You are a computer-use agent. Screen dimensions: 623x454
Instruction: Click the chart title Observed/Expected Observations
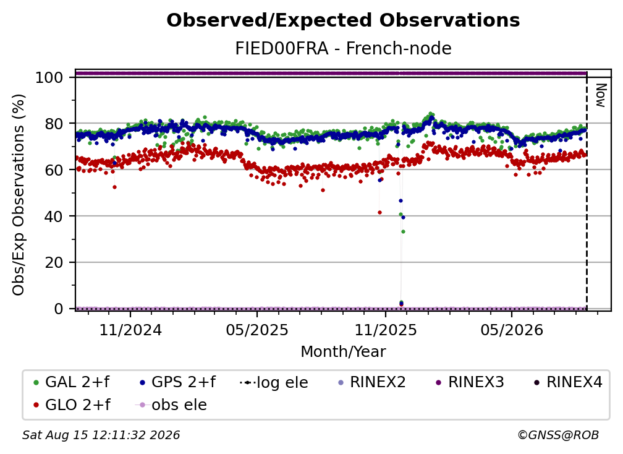point(343,20)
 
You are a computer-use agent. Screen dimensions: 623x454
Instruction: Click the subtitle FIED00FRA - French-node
point(343,48)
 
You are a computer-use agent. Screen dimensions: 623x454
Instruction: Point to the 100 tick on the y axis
point(49,77)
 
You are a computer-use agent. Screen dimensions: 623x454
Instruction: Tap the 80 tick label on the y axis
point(54,124)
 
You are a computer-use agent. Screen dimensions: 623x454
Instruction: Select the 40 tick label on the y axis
point(54,216)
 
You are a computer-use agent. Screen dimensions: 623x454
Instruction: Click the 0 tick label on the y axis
point(59,309)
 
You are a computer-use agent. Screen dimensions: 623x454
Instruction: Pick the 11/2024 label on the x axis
point(130,330)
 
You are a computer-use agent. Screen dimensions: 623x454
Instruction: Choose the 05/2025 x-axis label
point(257,330)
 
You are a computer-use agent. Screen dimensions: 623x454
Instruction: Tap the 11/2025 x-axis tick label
point(386,330)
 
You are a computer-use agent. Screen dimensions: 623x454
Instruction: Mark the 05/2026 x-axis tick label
point(512,330)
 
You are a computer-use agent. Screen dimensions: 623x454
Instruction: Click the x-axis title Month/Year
point(343,352)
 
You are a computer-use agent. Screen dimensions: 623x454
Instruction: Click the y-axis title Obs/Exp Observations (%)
point(19,195)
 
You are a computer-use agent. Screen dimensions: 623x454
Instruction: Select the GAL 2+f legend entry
point(72,382)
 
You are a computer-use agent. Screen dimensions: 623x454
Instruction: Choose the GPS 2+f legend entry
point(178,382)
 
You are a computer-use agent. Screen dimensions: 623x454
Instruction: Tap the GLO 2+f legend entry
point(72,405)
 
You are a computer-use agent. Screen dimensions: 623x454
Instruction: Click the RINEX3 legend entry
point(470,382)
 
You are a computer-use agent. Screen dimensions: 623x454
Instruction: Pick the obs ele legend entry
point(171,405)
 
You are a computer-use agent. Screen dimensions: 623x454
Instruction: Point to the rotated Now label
point(601,95)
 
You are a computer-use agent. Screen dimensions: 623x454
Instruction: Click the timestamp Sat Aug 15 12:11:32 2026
point(101,435)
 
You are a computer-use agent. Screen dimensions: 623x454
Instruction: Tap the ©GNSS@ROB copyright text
point(558,435)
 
